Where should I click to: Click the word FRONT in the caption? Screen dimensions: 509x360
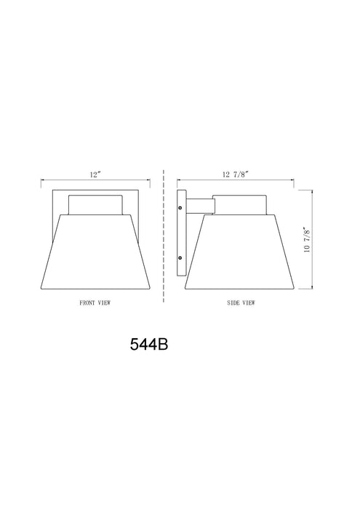(x=87, y=301)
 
